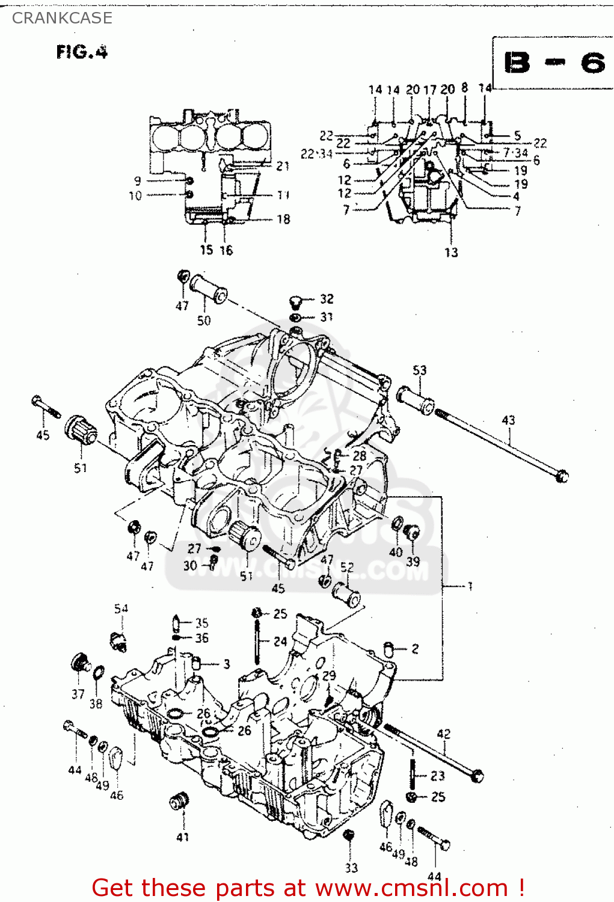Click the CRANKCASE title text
[x=62, y=18]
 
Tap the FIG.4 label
[x=82, y=52]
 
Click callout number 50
[x=204, y=321]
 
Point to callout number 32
[x=326, y=299]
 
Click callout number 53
[x=419, y=370]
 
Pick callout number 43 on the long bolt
[x=508, y=420]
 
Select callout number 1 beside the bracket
[x=470, y=586]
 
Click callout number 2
[x=415, y=648]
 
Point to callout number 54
[x=121, y=609]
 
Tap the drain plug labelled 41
[x=180, y=802]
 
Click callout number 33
[x=351, y=867]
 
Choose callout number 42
[x=443, y=734]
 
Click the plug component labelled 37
[x=79, y=663]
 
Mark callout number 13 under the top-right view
[x=451, y=253]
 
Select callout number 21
[x=283, y=166]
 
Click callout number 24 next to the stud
[x=280, y=642]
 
